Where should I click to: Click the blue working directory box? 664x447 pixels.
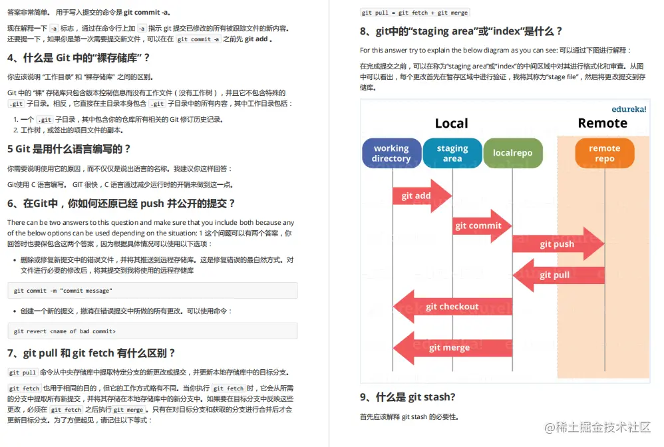(x=391, y=153)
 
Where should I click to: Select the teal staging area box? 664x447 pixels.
(x=452, y=153)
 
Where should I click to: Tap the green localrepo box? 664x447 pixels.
(x=512, y=153)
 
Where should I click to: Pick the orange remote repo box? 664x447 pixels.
(x=604, y=153)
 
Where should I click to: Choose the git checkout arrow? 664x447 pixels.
(x=452, y=307)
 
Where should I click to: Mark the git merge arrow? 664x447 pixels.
(x=452, y=347)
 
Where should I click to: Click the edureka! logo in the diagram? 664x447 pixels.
(x=629, y=108)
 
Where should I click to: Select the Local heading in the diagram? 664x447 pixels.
(x=451, y=123)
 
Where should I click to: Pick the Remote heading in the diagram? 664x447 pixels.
(x=602, y=123)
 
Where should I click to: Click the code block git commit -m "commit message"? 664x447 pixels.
(x=152, y=291)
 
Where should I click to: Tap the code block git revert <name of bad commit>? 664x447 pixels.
(x=152, y=331)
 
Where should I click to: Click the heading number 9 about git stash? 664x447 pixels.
(x=407, y=397)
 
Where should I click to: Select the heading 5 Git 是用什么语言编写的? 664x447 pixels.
(x=69, y=149)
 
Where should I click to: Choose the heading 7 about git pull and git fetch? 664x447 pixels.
(x=91, y=353)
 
